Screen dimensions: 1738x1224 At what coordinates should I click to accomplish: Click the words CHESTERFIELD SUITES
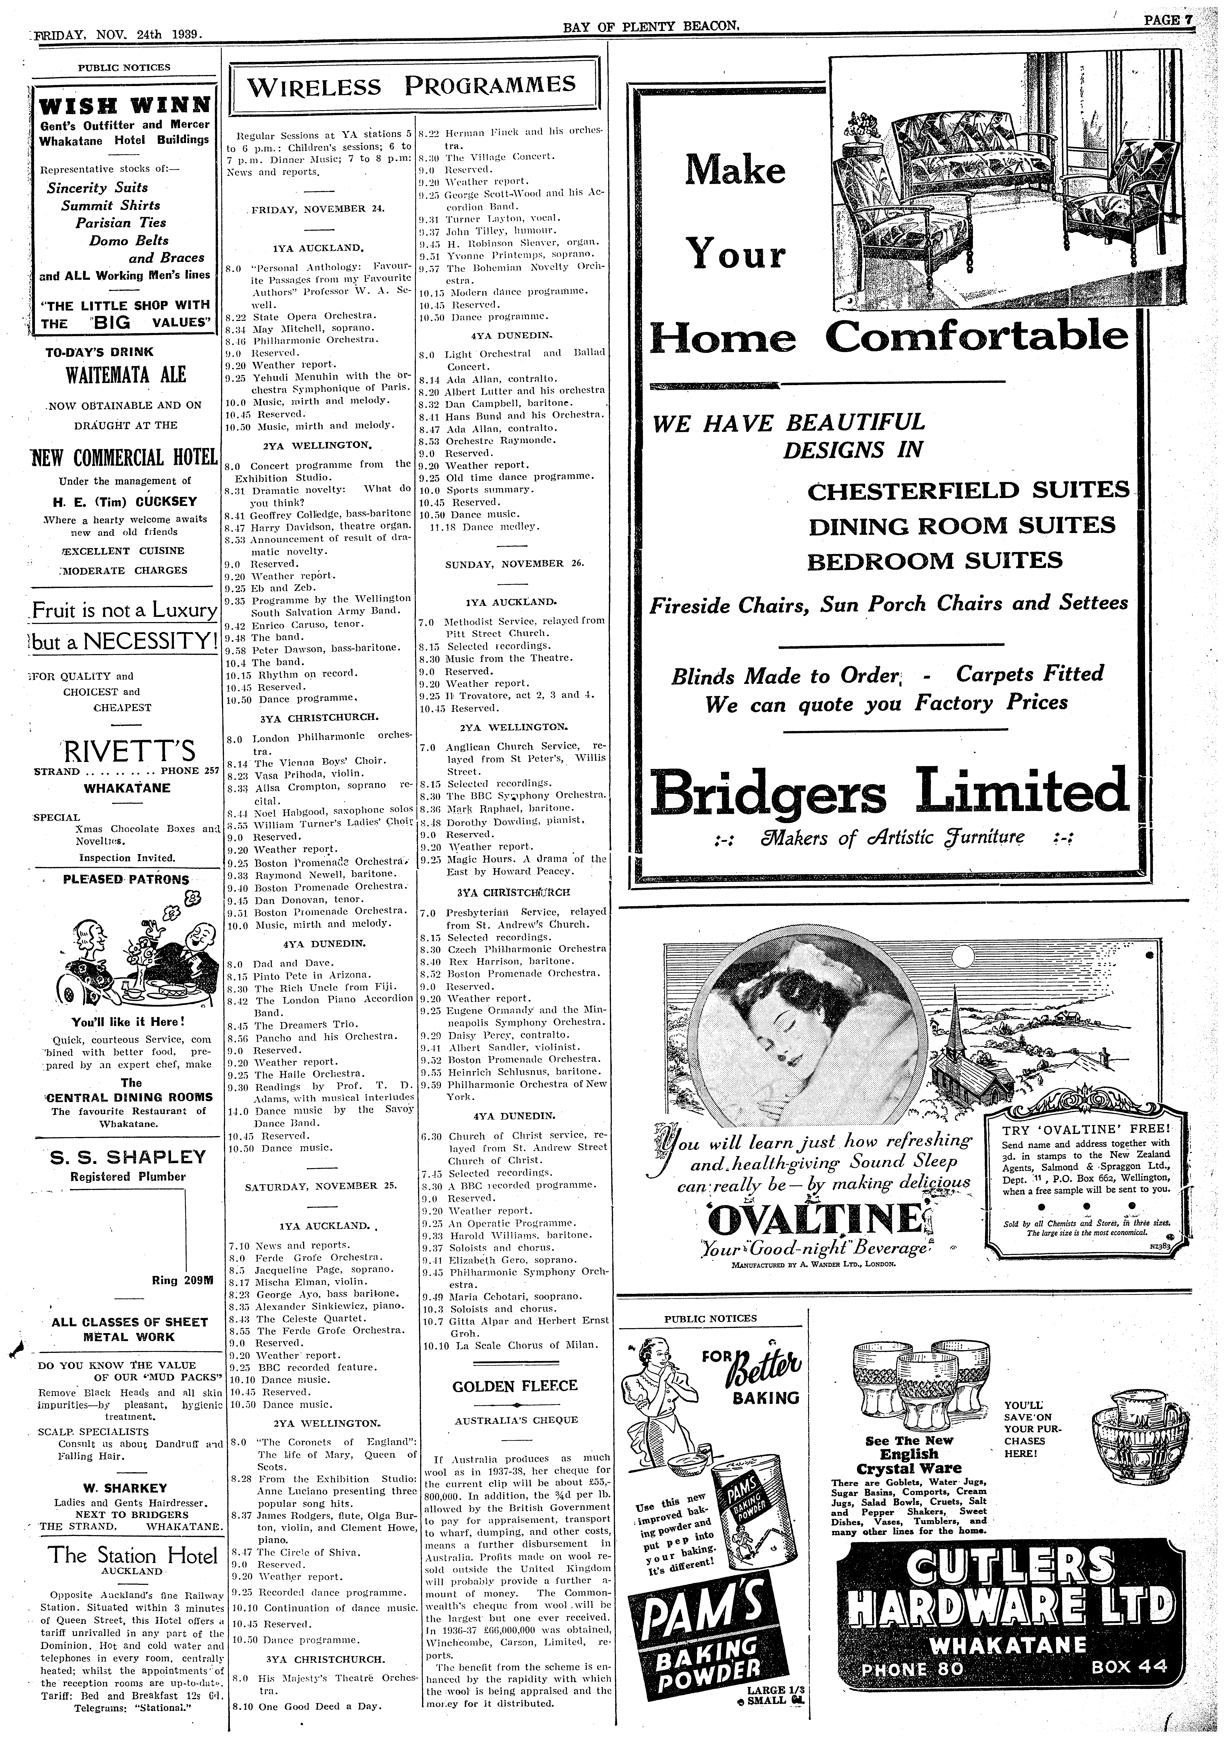[x=968, y=491]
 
